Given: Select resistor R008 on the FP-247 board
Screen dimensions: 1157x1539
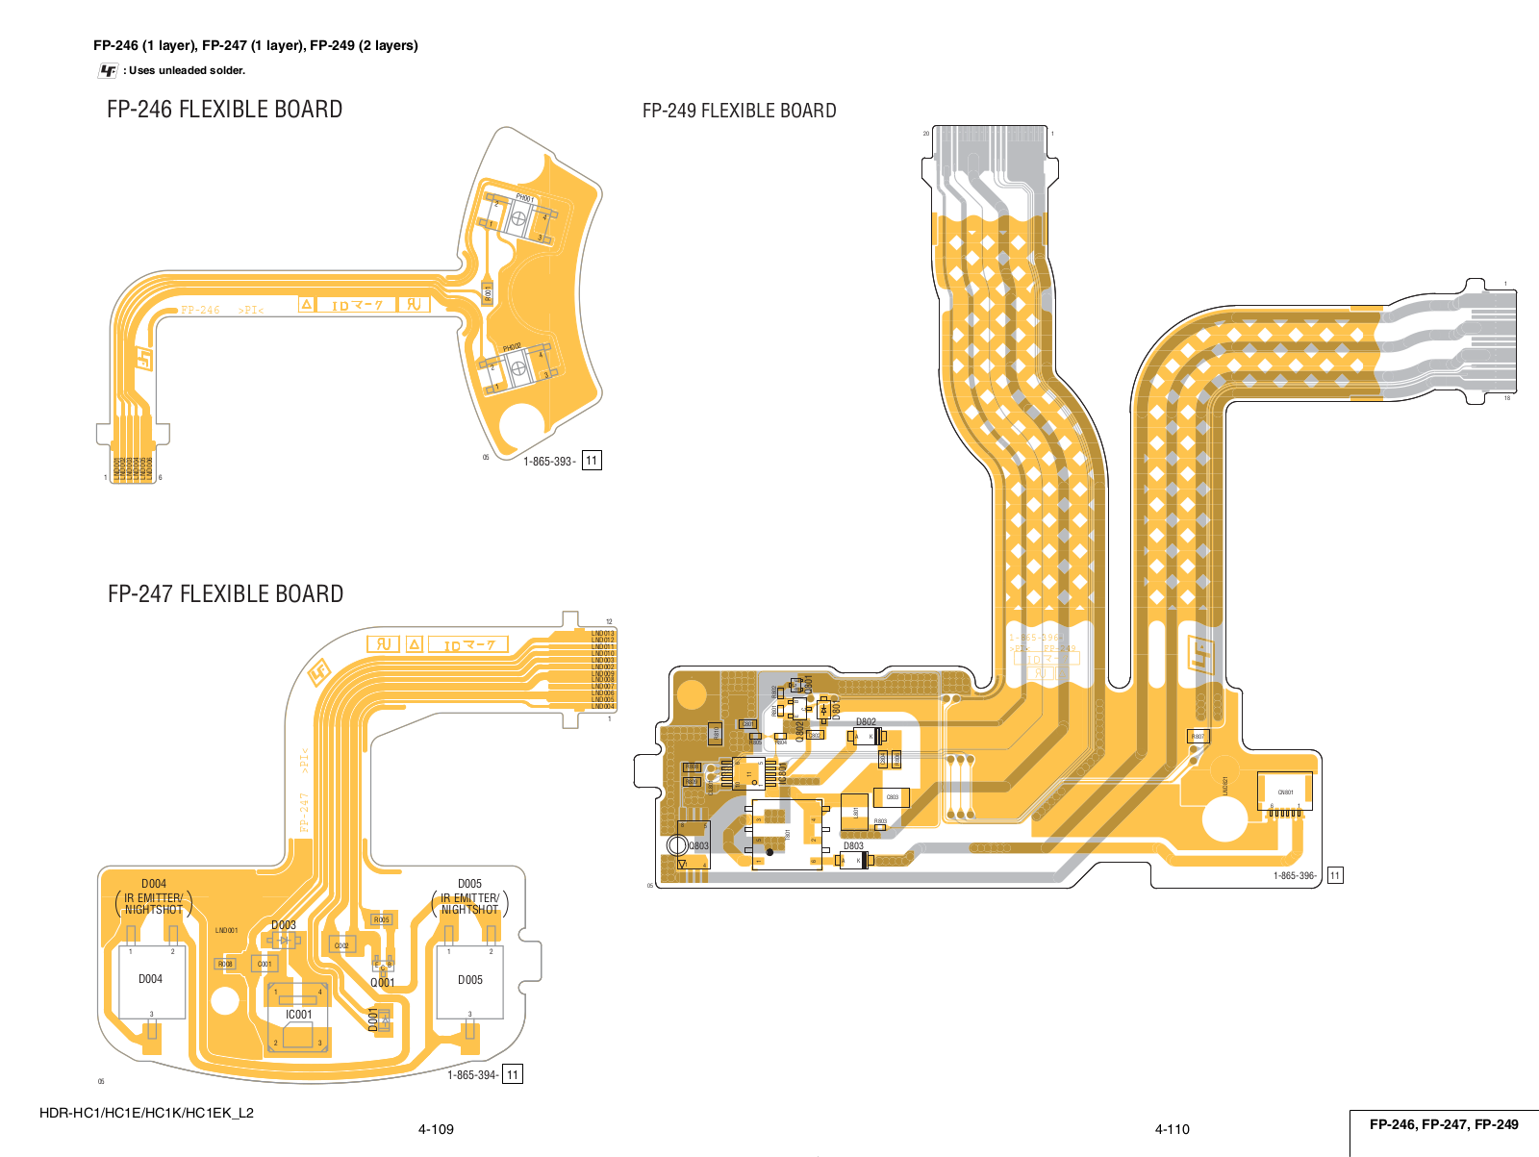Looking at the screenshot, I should (224, 964).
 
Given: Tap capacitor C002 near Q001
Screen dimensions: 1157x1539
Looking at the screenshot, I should (341, 945).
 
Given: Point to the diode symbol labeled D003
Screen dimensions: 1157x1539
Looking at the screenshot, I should (283, 940).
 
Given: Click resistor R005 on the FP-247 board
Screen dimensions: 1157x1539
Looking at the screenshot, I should (381, 919).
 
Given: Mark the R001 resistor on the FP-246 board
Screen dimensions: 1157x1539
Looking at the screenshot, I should (488, 293).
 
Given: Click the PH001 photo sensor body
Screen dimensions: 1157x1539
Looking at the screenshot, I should (518, 219).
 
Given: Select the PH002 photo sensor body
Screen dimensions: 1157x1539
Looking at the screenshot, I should (517, 367).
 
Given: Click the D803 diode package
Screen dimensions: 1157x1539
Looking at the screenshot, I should (854, 860).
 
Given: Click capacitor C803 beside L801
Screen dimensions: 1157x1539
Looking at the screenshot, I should (892, 797).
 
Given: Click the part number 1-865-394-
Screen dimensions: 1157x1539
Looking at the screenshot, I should (473, 1075).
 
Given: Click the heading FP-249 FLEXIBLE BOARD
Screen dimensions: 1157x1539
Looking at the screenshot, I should (739, 111).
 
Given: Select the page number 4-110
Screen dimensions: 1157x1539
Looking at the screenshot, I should (1172, 1129).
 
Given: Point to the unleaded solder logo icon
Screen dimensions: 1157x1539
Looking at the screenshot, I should (108, 70).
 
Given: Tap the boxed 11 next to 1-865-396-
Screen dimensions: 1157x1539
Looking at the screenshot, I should (1334, 875).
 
